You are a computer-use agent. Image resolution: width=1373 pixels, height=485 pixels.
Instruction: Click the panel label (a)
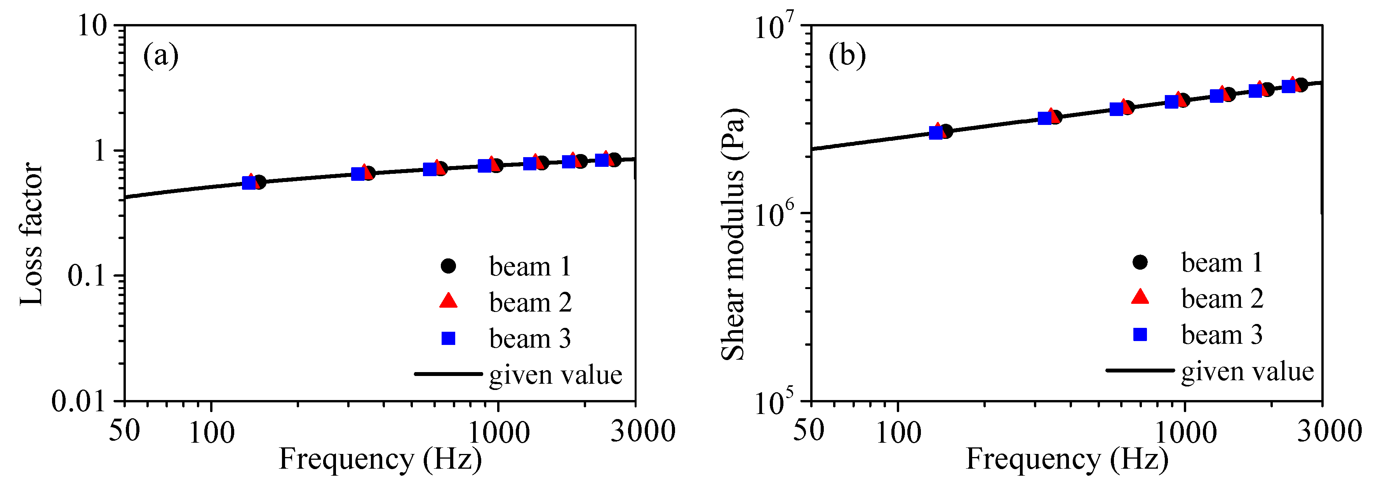tap(160, 55)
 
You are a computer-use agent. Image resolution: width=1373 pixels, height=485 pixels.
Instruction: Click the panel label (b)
tap(847, 55)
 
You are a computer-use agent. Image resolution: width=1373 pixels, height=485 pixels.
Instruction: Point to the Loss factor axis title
tap(31, 234)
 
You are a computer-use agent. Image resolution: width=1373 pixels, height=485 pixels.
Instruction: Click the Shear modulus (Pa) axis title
tap(733, 234)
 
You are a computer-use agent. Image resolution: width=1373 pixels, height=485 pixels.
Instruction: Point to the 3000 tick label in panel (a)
tap(642, 430)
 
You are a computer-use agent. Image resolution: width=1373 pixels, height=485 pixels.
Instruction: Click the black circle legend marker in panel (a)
tap(448, 266)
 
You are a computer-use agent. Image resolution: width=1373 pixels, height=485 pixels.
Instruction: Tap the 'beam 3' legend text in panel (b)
tap(1222, 335)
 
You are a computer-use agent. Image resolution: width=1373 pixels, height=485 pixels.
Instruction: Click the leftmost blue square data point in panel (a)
tap(249, 183)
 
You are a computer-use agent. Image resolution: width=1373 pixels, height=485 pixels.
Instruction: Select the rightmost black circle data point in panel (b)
tap(1301, 85)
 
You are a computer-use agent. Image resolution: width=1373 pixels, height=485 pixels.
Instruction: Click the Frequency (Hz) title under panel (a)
tap(380, 459)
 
